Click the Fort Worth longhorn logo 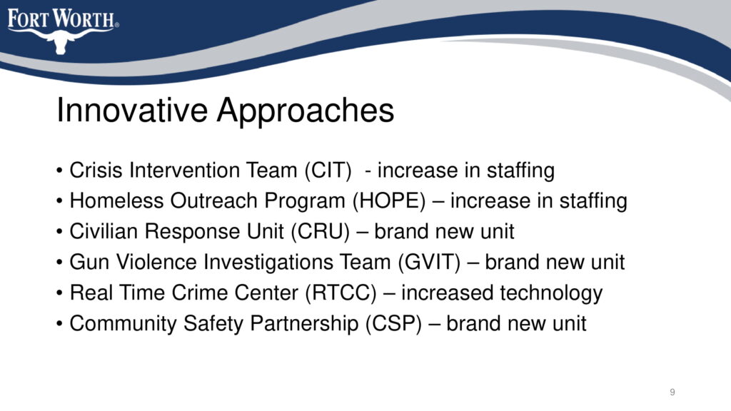tap(63, 31)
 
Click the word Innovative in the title tap(132, 111)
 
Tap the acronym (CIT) tap(328, 170)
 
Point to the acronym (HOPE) tap(389, 201)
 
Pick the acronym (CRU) tap(321, 232)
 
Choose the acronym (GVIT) tap(429, 263)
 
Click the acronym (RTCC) tap(341, 293)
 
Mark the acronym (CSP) tap(393, 324)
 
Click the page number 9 tap(672, 392)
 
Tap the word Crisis tap(96, 170)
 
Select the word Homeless tap(116, 201)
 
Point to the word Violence tap(156, 263)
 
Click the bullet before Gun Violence tap(59, 263)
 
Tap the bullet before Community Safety tap(59, 324)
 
